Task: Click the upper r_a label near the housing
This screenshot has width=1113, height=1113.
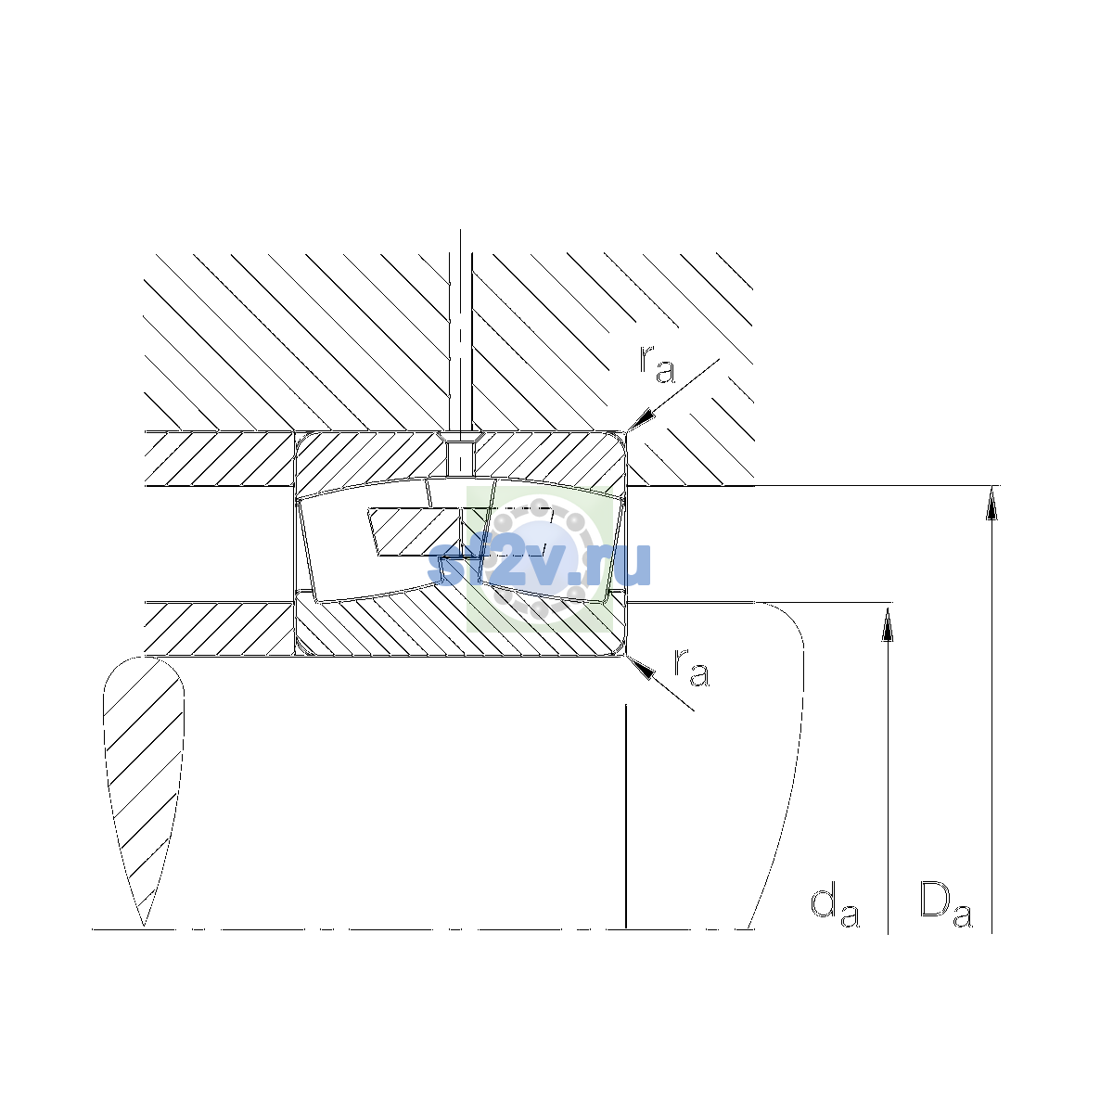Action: click(x=657, y=365)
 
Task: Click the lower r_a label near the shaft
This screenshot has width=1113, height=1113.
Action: click(x=691, y=667)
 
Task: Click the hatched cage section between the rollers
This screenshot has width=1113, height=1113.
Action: click(x=416, y=532)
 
